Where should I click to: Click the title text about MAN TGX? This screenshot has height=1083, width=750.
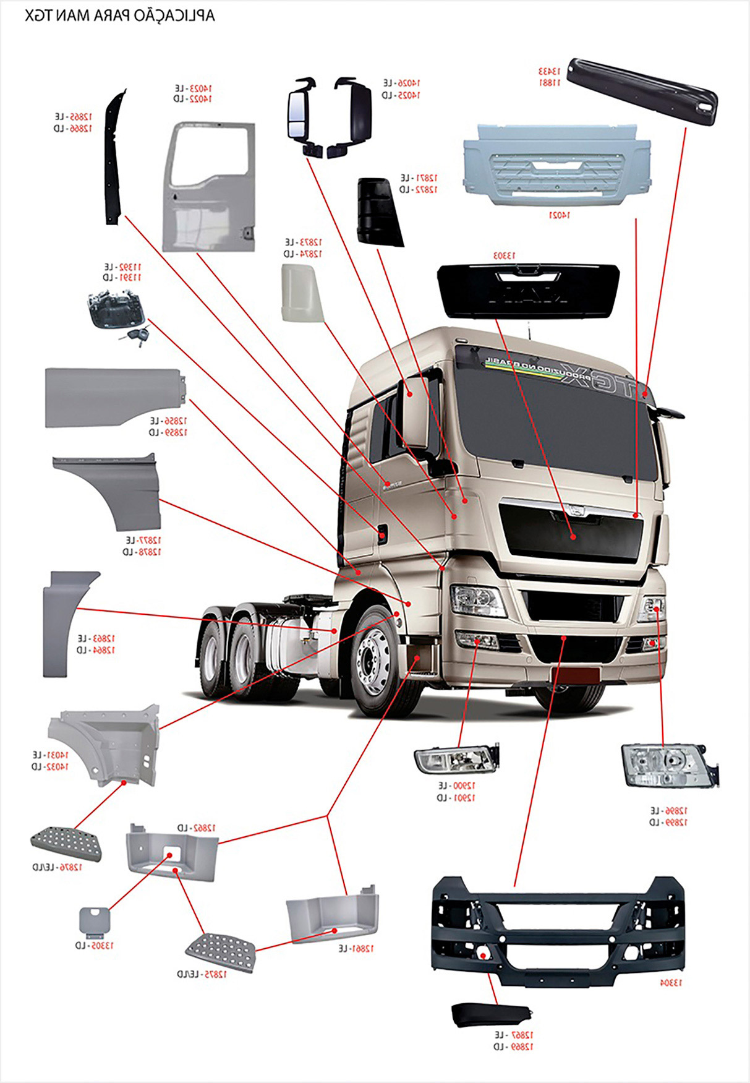120,15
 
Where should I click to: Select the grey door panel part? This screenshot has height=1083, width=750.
209,186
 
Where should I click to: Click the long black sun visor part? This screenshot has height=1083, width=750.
643,91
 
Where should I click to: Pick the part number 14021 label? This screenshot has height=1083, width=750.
559,215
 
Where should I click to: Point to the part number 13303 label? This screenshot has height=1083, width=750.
505,255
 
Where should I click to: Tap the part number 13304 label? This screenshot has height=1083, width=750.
670,983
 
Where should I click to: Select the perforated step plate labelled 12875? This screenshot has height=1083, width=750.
220,951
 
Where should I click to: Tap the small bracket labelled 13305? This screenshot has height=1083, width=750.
94,922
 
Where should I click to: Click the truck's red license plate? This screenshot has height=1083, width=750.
575,675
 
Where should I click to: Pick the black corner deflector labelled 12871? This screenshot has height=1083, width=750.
378,212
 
